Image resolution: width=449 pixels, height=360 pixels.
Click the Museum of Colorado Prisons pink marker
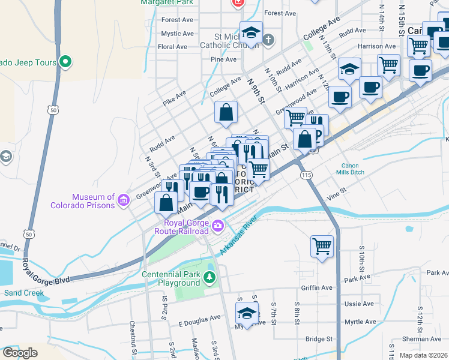coord(124,200)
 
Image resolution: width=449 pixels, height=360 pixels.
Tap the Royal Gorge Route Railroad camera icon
coord(217,227)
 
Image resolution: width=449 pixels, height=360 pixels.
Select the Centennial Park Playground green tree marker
coord(209,277)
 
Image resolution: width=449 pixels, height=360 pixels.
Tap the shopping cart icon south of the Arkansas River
coord(322,245)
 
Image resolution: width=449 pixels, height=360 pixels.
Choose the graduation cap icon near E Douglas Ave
coord(246,313)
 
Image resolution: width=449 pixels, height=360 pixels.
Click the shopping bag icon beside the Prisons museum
coord(165,203)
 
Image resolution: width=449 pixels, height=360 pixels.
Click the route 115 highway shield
coord(307,175)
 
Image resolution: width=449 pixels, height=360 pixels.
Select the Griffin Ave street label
coord(316,287)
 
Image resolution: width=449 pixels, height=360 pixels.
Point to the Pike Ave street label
coord(175,98)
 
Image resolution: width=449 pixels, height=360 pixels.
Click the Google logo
coord(20,353)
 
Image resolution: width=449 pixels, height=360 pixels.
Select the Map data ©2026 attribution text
coord(423,355)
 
